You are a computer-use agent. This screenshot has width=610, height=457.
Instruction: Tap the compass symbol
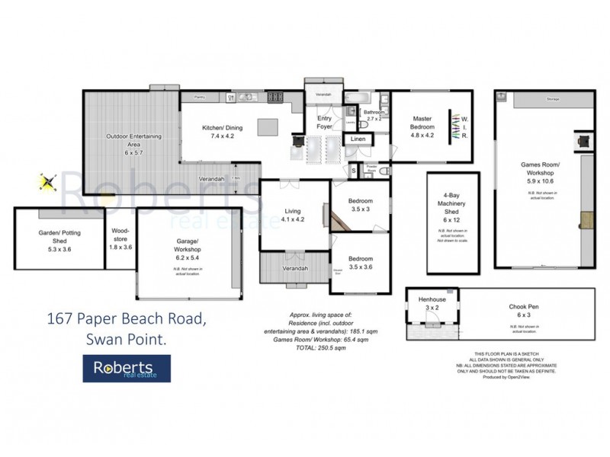(48, 182)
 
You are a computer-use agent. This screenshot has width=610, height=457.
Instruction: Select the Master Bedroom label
(422, 123)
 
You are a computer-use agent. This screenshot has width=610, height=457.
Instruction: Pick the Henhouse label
(432, 304)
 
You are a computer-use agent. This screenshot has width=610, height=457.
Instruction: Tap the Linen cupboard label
(357, 140)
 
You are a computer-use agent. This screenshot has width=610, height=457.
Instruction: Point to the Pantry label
(201, 97)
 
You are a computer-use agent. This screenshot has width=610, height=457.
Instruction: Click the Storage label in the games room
(554, 100)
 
